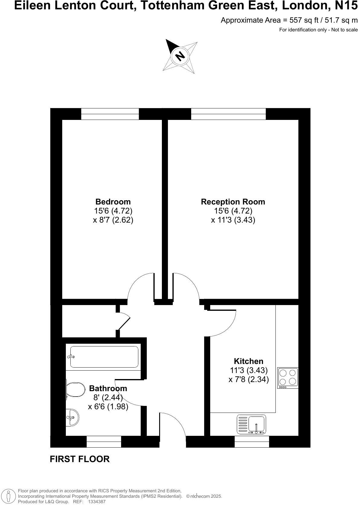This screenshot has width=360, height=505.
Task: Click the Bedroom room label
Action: [x=113, y=202]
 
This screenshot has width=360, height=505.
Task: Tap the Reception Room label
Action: [x=233, y=202]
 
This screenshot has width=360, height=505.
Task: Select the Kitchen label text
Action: [x=249, y=361]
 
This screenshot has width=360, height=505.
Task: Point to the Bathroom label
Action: [x=108, y=388]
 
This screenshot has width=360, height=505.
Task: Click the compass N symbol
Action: [x=180, y=56]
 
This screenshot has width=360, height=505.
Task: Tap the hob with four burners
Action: [x=288, y=378]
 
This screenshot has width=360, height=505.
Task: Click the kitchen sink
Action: [x=256, y=424]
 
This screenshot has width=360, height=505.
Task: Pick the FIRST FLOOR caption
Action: [x=79, y=459]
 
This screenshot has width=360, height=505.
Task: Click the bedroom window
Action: [x=110, y=114]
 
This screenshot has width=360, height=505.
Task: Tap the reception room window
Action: [x=228, y=114]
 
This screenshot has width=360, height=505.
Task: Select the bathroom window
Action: [x=104, y=442]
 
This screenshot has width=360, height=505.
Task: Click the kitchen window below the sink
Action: [x=252, y=442]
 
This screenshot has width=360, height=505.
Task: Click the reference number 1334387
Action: [x=97, y=502]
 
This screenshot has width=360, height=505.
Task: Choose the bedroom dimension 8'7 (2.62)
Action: [x=113, y=220]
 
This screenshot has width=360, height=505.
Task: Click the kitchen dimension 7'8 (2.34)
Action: [x=249, y=379]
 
